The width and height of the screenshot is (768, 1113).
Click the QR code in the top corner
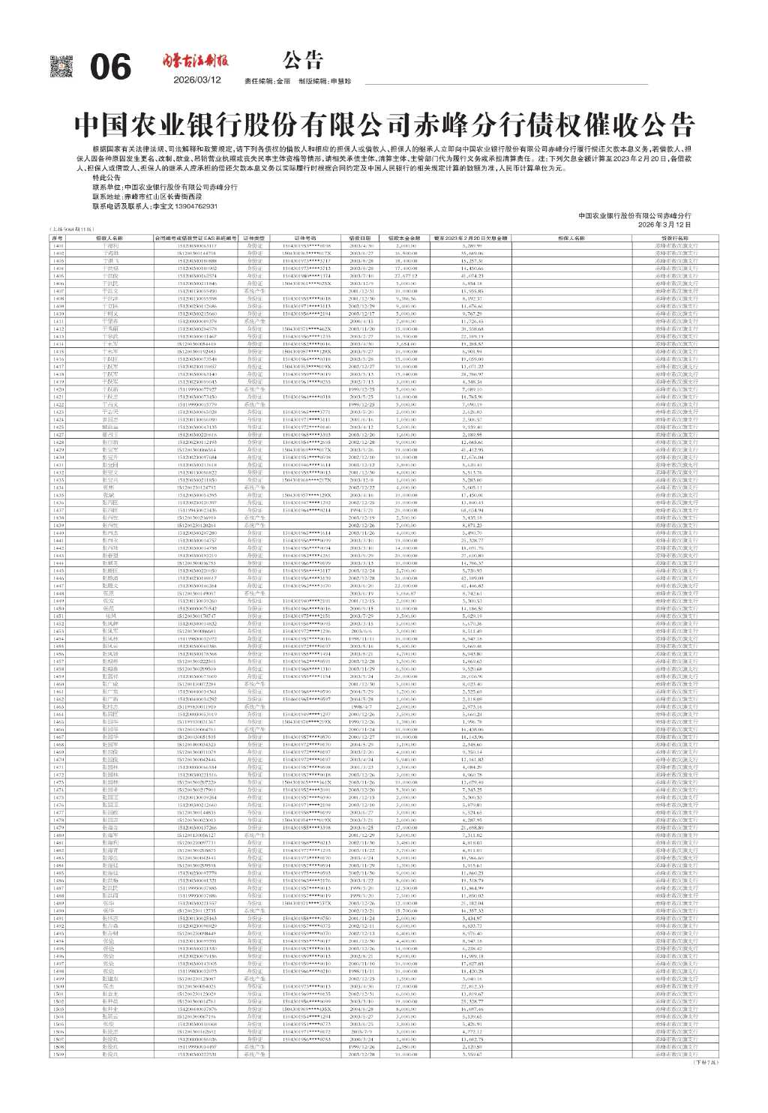tap(61, 67)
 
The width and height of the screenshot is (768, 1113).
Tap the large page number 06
tap(110, 68)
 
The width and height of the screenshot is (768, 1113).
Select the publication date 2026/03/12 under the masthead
tap(196, 80)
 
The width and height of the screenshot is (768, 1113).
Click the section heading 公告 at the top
tap(304, 59)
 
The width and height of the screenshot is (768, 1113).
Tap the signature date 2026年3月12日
tap(664, 224)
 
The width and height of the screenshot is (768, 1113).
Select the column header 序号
tap(58, 238)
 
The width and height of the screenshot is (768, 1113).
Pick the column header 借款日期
tap(361, 238)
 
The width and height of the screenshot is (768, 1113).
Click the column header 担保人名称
tap(571, 238)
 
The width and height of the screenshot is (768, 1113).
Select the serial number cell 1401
tap(58, 245)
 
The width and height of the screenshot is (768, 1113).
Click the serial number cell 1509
tap(58, 1054)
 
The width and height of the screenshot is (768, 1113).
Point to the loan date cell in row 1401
tap(361, 245)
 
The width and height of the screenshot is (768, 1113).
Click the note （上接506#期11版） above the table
tap(70, 229)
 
